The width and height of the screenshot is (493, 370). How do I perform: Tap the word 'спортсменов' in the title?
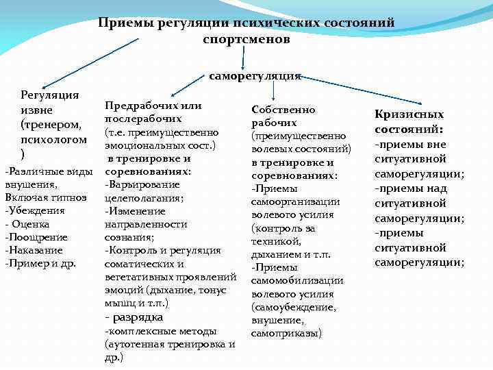tap(246, 40)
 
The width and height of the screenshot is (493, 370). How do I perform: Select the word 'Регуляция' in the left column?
tap(50, 95)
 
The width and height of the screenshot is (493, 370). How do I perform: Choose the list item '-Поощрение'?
tap(36, 237)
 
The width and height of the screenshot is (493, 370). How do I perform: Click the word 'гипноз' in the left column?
tap(72, 197)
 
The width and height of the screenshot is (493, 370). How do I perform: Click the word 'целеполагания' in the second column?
tap(143, 197)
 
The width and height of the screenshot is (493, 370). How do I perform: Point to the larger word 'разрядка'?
tap(138, 317)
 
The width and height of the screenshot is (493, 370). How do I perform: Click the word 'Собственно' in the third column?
tap(283, 109)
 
